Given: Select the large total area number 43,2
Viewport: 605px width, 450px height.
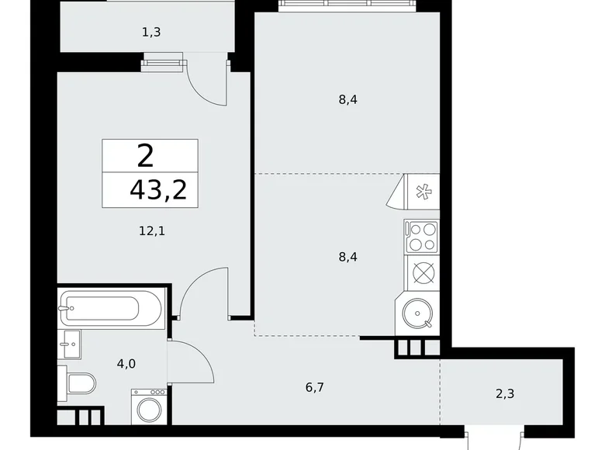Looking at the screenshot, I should click(158, 189).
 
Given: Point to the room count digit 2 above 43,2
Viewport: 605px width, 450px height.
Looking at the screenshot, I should click(145, 157).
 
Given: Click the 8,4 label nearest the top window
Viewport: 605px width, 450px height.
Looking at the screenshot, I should click(347, 99).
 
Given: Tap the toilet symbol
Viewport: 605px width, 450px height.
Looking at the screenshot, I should click(81, 382).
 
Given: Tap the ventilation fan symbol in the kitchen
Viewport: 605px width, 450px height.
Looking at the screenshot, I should click(423, 191).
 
